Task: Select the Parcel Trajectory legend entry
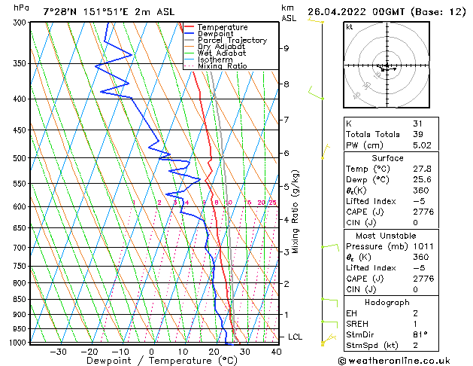[x=232, y=41]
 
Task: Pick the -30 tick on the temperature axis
[x=58, y=352]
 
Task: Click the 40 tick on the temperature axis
[x=276, y=352]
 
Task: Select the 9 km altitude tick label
[x=286, y=48]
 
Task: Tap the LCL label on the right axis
[x=296, y=337]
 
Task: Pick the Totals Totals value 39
[x=417, y=134]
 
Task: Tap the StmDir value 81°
[x=420, y=334]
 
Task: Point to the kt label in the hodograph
[x=349, y=26]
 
